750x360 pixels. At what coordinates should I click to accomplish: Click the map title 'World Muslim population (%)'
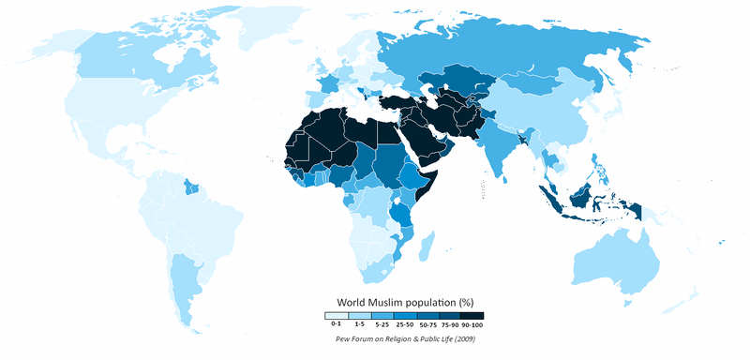(x=403, y=302)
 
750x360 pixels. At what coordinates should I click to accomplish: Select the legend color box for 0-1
(x=337, y=316)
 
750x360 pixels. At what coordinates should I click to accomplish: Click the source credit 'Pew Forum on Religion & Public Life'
(x=391, y=337)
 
